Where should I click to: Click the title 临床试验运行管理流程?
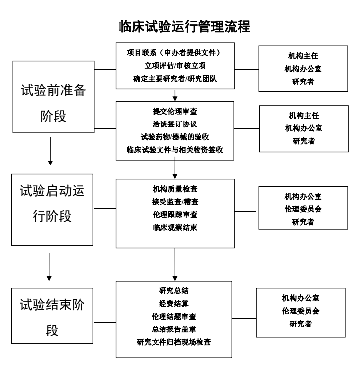coord(180,26)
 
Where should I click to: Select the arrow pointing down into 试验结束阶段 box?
coord(50,267)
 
